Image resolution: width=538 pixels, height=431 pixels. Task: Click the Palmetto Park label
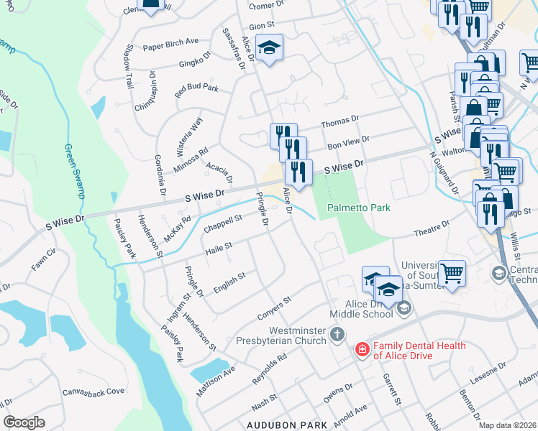359,208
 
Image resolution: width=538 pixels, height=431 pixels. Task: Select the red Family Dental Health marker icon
362,350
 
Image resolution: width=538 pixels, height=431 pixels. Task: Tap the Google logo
24,422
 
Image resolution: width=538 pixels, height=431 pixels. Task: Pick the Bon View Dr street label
348,142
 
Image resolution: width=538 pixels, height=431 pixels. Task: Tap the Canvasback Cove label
94,391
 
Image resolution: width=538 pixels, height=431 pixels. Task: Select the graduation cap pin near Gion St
270,47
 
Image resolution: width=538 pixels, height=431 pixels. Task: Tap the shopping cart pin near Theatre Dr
452,272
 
